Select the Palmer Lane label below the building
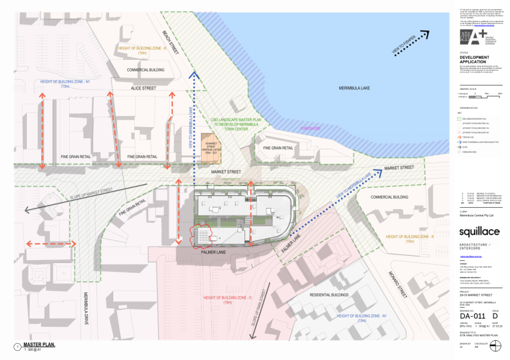pos(213,253)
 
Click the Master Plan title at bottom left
pos(39,345)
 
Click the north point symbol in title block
pos(495,345)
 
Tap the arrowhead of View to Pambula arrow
pos(425,35)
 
